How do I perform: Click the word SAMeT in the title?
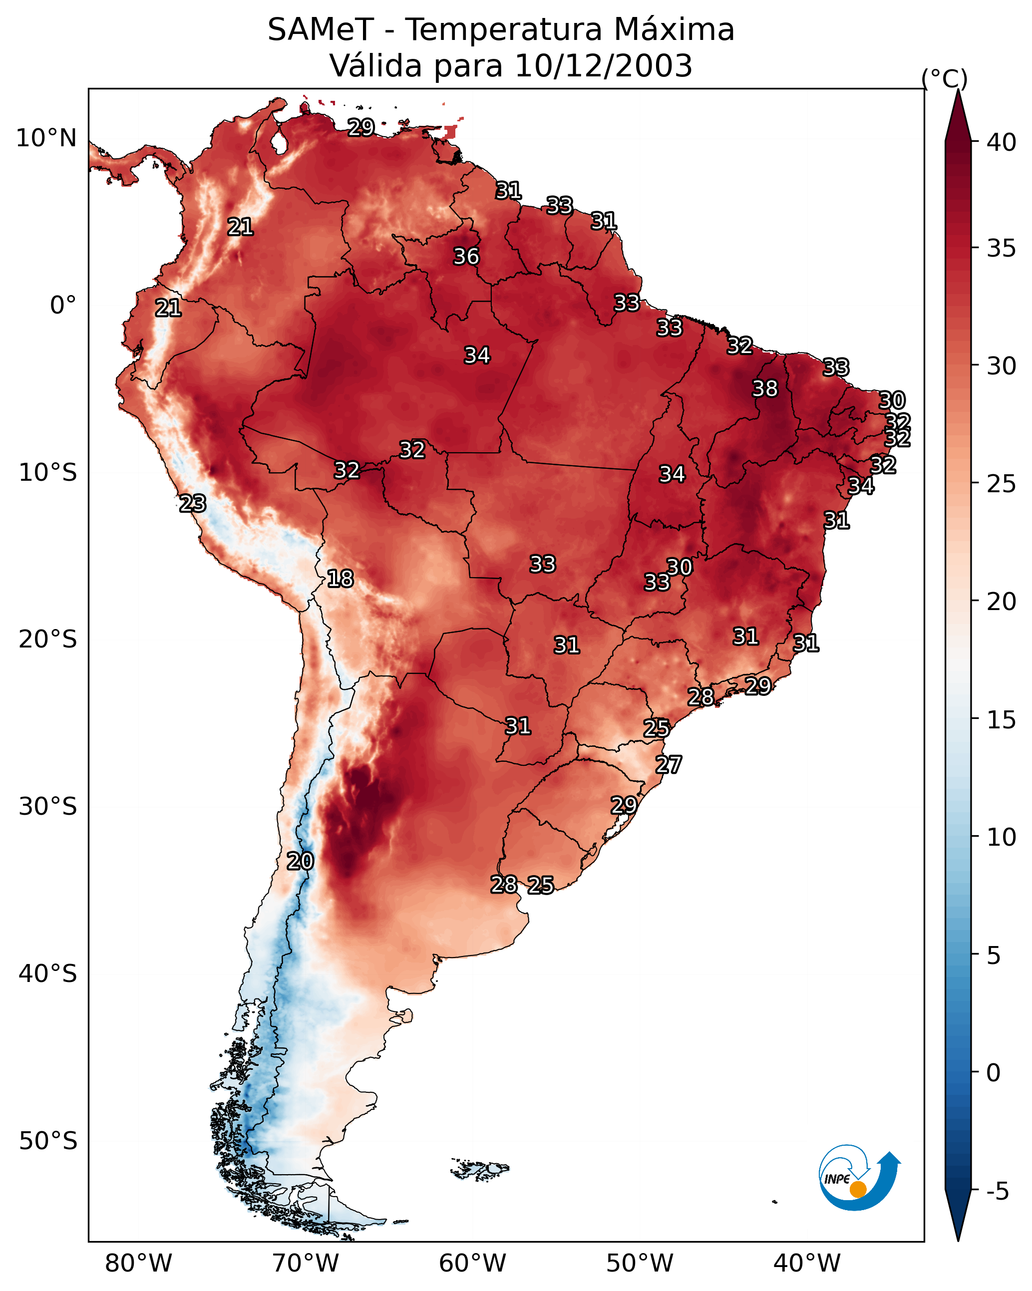(x=321, y=30)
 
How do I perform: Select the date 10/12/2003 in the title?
(x=603, y=66)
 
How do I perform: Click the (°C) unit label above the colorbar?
(x=944, y=78)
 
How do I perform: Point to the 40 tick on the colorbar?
(x=1002, y=142)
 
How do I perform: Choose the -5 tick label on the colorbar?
(x=997, y=1192)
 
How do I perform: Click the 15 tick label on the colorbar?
(x=1002, y=720)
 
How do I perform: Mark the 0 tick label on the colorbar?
(x=993, y=1073)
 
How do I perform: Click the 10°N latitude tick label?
(x=46, y=138)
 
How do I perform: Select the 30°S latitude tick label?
(x=48, y=807)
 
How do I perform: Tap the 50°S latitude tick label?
(x=48, y=1141)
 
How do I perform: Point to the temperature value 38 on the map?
(x=765, y=388)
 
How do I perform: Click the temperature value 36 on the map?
(x=466, y=256)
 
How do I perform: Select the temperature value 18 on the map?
(x=340, y=579)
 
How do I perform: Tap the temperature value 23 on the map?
(x=193, y=504)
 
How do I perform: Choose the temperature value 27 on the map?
(x=669, y=765)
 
